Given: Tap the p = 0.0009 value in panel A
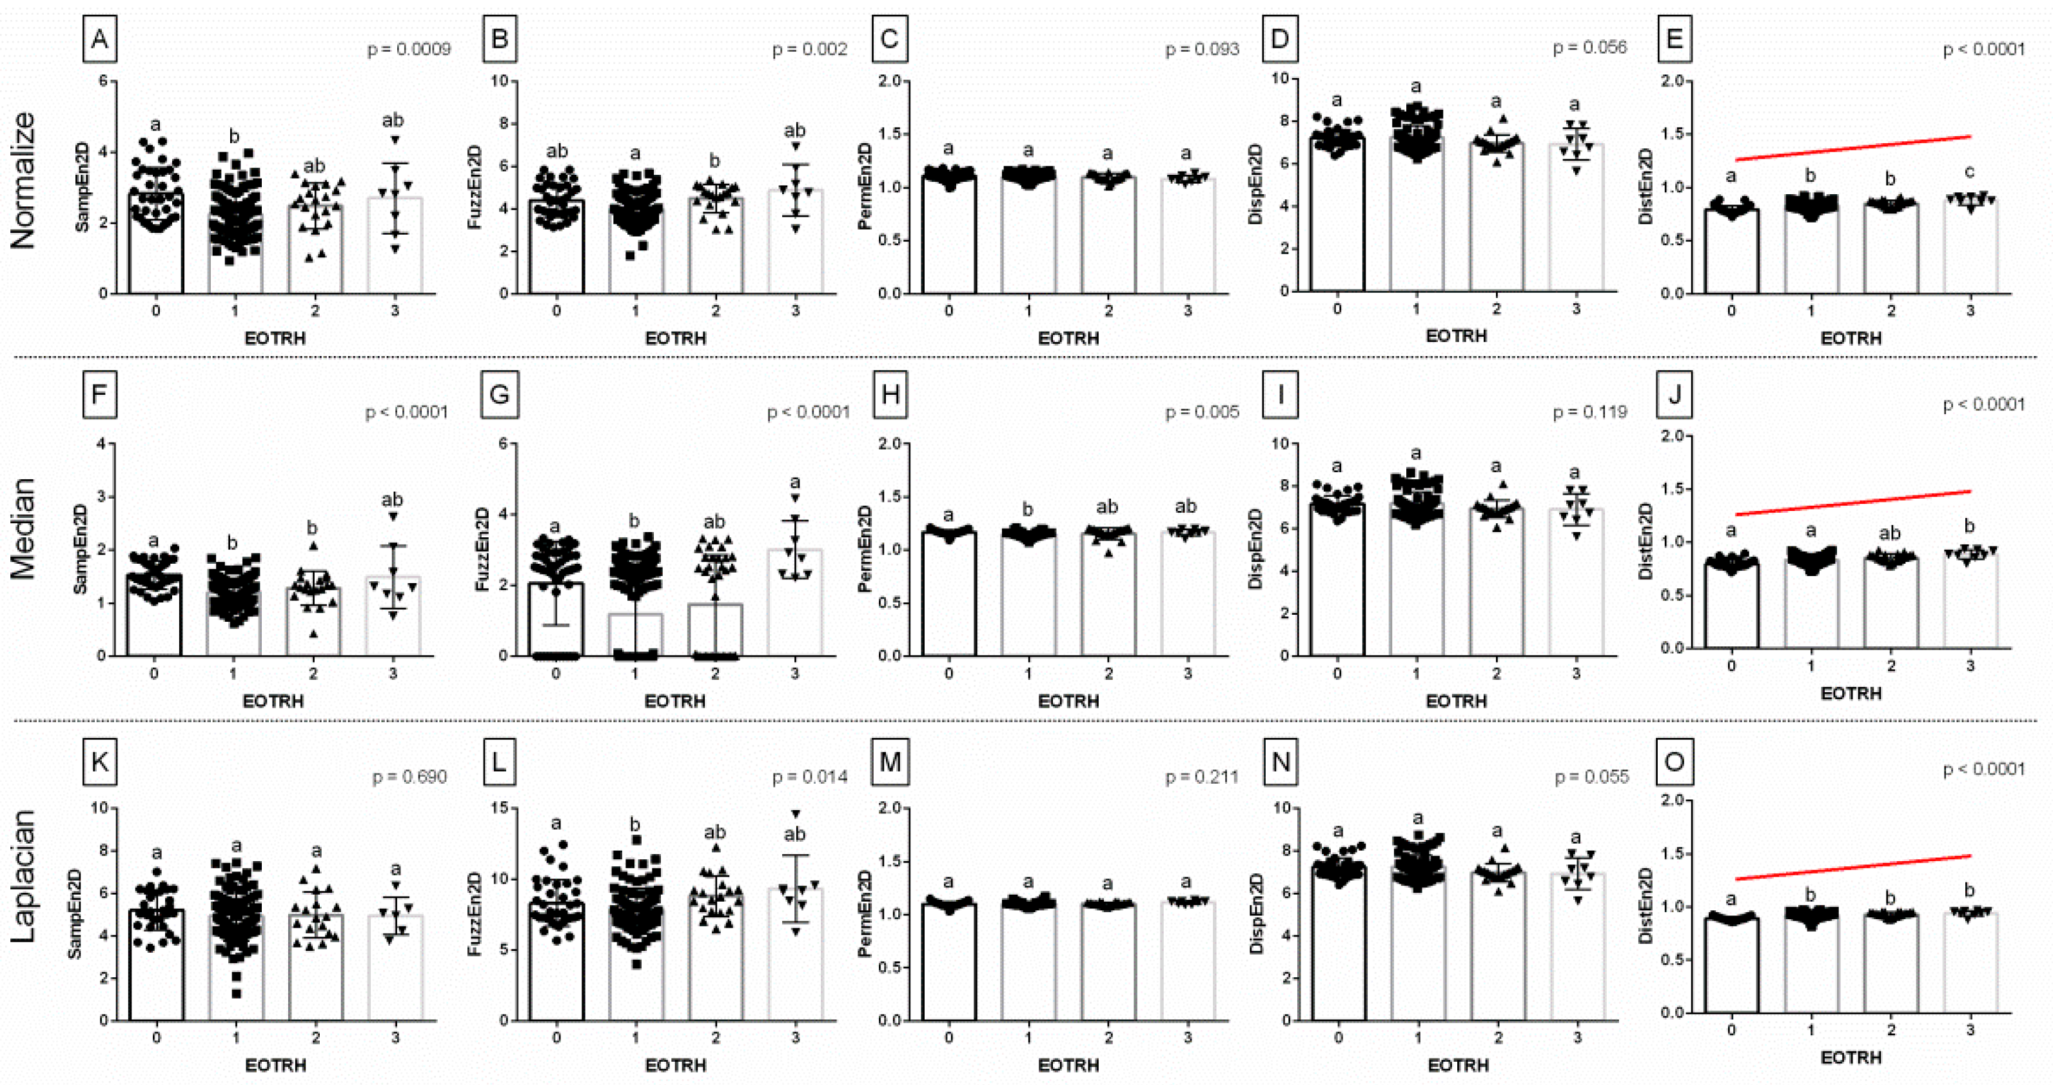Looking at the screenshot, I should pyautogui.click(x=409, y=50).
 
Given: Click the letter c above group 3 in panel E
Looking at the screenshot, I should pyautogui.click(x=1970, y=172).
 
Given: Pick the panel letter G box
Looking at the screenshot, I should pyautogui.click(x=500, y=395).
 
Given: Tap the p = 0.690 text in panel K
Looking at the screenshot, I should pyautogui.click(x=409, y=777).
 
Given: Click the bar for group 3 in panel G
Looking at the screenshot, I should pyautogui.click(x=794, y=604).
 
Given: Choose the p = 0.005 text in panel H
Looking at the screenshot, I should pyautogui.click(x=1202, y=412).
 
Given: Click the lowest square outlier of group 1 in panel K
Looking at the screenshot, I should pyautogui.click(x=237, y=993).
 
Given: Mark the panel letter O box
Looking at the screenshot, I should pyautogui.click(x=1675, y=761).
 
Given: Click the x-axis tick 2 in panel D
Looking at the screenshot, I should pyautogui.click(x=1496, y=308).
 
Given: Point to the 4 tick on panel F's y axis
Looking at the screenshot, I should pyautogui.click(x=101, y=444).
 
